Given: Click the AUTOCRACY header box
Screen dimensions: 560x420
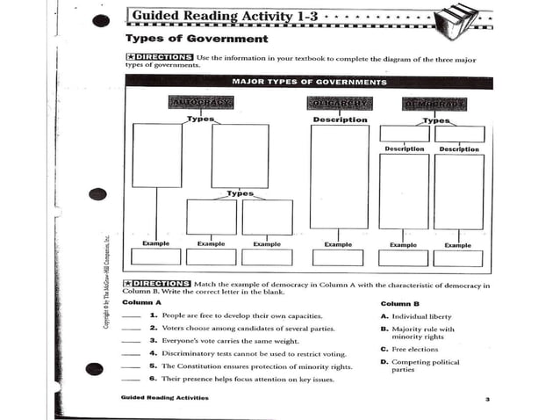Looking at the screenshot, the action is coord(200,103).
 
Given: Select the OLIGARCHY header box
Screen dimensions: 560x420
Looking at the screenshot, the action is coord(340,103).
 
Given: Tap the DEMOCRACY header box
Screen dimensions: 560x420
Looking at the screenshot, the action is coord(433,103).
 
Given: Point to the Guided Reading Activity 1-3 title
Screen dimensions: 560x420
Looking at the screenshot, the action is coord(226,16).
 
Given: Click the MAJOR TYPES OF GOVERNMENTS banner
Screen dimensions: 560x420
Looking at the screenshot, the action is coord(308,82).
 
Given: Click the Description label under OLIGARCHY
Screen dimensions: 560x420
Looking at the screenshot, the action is coord(340,119).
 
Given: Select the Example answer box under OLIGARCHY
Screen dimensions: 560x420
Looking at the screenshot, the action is coord(338,257).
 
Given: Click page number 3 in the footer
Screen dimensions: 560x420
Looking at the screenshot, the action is coord(485,399).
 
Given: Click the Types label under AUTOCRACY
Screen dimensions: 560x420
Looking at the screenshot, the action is coord(201,119).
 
